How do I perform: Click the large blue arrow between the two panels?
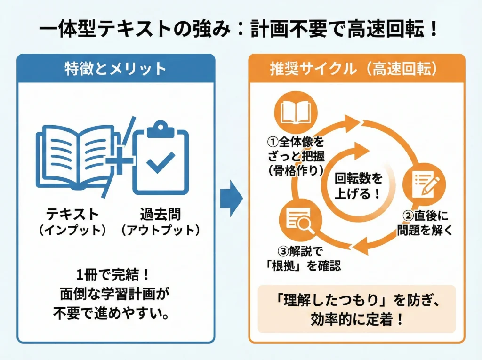point(231,198)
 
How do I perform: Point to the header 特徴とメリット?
point(116,69)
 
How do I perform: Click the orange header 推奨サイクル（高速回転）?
point(356,69)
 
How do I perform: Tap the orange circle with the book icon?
point(296,112)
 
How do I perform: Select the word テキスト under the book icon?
point(72,214)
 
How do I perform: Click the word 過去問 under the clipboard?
point(161,214)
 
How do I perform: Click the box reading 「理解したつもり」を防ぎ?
point(357,308)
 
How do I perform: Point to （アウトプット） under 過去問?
point(161,231)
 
